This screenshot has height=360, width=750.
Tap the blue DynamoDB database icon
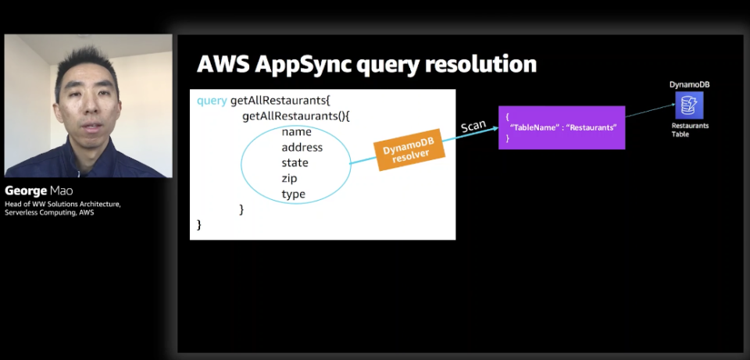click(689, 105)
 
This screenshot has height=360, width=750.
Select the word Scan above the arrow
click(473, 127)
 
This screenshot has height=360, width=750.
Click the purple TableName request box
click(562, 127)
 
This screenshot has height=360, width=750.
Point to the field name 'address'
click(302, 148)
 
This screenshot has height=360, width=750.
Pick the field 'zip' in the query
click(289, 179)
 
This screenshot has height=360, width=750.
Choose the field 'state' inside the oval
click(295, 163)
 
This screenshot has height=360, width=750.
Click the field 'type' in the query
click(293, 194)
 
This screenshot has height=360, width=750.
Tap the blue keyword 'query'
click(212, 102)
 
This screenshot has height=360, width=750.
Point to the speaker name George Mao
click(39, 191)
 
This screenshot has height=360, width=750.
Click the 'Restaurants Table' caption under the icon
click(689, 130)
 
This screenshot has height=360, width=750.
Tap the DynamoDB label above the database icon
click(689, 84)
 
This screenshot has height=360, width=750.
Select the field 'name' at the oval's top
click(296, 131)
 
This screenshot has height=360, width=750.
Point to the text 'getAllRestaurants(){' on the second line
click(296, 116)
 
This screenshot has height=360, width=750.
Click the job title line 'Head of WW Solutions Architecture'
click(62, 205)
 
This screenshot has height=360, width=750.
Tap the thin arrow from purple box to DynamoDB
click(650, 110)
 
